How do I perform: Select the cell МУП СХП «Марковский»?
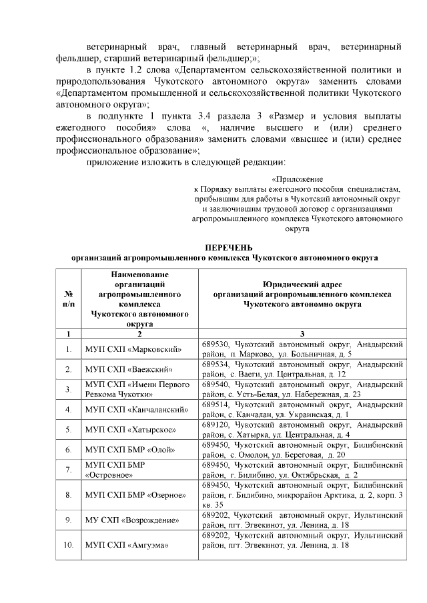coord(124,349)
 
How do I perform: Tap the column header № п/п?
coord(68,298)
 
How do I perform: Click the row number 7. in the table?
coord(68,470)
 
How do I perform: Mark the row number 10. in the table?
coord(68,546)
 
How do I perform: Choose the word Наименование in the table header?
coord(140,274)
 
